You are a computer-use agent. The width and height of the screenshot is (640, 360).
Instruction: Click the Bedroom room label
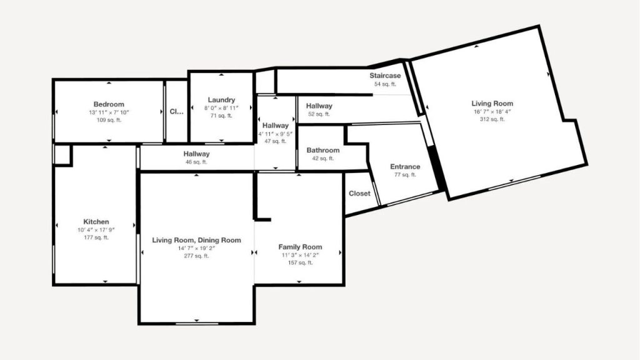pyautogui.click(x=109, y=104)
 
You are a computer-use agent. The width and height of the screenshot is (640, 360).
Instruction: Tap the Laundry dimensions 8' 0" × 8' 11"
pyautogui.click(x=221, y=108)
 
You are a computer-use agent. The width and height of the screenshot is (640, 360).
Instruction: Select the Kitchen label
pyautogui.click(x=96, y=222)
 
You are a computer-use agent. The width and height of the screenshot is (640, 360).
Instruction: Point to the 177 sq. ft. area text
pyautogui.click(x=96, y=237)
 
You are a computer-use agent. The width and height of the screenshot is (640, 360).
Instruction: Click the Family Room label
pyautogui.click(x=301, y=247)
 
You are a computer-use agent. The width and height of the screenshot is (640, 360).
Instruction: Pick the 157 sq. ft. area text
pyautogui.click(x=301, y=263)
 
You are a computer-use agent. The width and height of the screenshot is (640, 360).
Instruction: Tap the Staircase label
pyautogui.click(x=385, y=76)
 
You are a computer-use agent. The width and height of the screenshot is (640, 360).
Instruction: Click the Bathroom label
pyautogui.click(x=323, y=150)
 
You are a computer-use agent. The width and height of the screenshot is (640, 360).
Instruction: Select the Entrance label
pyautogui.click(x=405, y=166)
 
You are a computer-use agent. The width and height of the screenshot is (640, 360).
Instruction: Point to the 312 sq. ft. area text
pyautogui.click(x=492, y=119)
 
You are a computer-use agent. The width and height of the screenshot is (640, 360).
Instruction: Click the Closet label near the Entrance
pyautogui.click(x=359, y=194)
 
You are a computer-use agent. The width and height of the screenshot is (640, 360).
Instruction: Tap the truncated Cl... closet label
pyautogui.click(x=176, y=111)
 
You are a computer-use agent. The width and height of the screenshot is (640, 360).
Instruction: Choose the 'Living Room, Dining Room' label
pyautogui.click(x=196, y=240)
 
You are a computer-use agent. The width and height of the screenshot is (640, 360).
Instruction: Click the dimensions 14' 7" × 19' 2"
pyautogui.click(x=196, y=248)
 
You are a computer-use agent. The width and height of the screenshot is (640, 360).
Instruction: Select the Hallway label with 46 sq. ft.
pyautogui.click(x=196, y=154)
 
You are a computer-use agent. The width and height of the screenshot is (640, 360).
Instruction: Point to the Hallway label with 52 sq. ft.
pyautogui.click(x=319, y=106)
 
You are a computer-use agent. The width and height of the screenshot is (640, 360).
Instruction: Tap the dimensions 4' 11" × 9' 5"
pyautogui.click(x=276, y=134)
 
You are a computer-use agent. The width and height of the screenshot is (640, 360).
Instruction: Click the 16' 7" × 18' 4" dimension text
pyautogui.click(x=492, y=111)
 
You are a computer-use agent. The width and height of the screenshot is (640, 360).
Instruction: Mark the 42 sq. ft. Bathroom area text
pyautogui.click(x=323, y=158)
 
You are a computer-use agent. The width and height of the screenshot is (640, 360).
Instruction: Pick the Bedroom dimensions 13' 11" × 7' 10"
pyautogui.click(x=109, y=112)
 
